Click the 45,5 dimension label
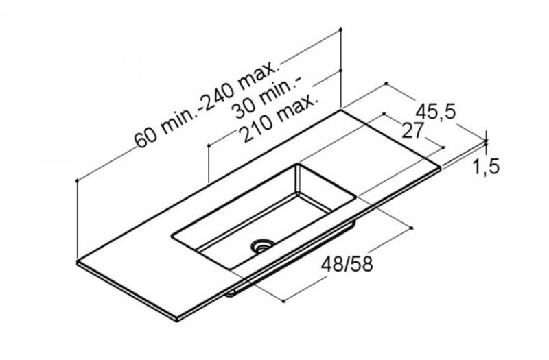pos(436,112)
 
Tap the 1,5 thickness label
pos(484,166)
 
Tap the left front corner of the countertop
pos(78,261)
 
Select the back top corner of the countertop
pos(341,110)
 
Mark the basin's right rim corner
pos(355,197)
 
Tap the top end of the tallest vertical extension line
pos(341,29)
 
